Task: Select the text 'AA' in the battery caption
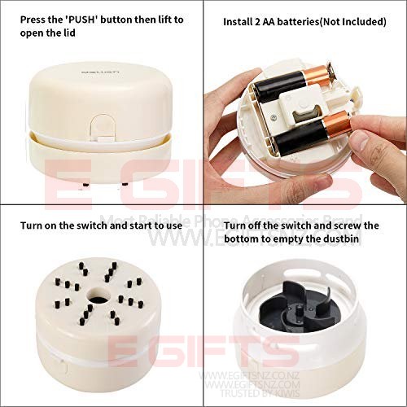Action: [x=274, y=22]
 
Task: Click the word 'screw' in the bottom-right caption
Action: [x=350, y=225]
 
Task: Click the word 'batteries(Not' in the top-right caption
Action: [x=314, y=22]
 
